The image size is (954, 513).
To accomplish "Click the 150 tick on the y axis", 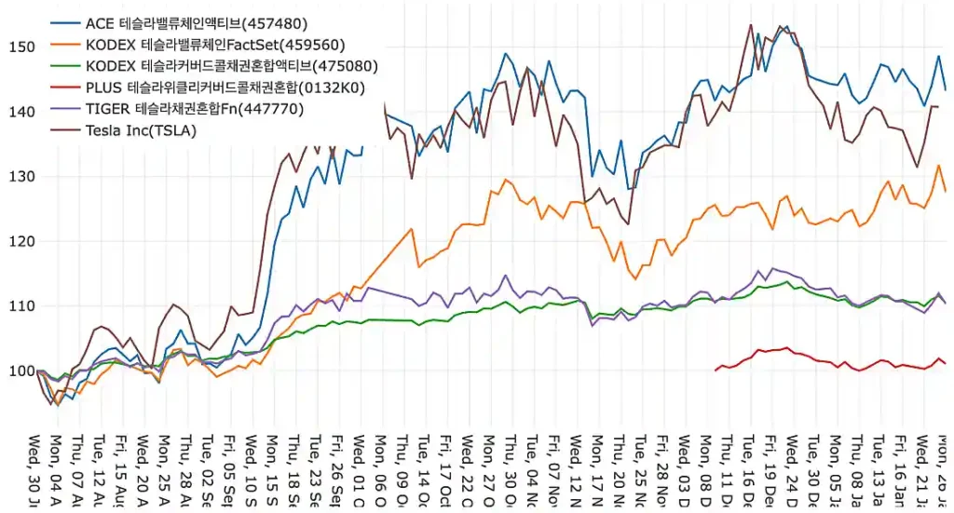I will click(21, 47).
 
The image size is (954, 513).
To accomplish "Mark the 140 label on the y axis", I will click(21, 112).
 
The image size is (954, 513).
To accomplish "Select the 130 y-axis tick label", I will click(21, 176).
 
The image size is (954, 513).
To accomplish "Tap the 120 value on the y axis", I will click(21, 241).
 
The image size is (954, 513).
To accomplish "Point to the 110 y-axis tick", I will click(21, 306).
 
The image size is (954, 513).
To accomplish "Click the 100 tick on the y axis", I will click(21, 371).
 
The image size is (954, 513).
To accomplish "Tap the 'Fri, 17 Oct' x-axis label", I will click(446, 470).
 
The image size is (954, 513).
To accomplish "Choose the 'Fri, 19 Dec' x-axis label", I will click(771, 470).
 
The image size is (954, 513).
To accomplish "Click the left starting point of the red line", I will click(715, 371).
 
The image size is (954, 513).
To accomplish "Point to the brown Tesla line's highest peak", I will click(751, 25).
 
